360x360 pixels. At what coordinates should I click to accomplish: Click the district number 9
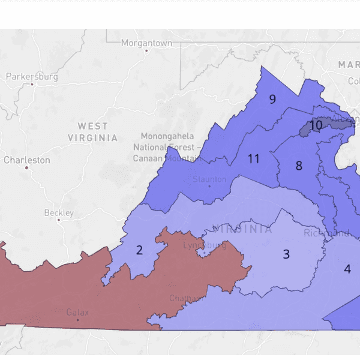(272, 99)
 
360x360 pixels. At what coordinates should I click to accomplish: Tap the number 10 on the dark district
(316, 125)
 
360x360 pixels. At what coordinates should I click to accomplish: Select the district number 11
(253, 159)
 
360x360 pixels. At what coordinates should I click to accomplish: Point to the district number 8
(298, 166)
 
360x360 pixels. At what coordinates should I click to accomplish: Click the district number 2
(139, 250)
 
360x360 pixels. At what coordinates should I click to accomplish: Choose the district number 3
(286, 254)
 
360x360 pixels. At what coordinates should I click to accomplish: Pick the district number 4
(347, 269)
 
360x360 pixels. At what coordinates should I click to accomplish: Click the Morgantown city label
(146, 43)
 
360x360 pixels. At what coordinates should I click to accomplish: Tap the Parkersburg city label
(32, 77)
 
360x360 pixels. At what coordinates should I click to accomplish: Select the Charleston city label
(27, 160)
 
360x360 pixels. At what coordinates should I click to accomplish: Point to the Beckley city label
(59, 213)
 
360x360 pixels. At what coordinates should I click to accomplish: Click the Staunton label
(209, 179)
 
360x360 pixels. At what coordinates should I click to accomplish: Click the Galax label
(77, 312)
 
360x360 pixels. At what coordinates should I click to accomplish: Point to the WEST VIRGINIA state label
(93, 131)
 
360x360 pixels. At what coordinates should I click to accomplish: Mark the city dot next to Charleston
(27, 167)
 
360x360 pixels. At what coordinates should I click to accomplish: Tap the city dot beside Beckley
(58, 220)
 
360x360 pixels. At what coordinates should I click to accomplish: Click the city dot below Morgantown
(146, 51)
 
